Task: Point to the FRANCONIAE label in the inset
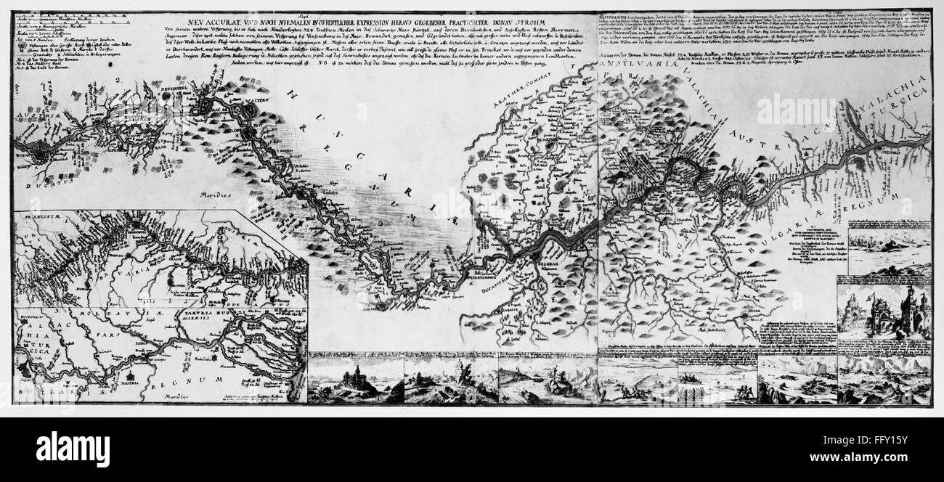click(x=41, y=216)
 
